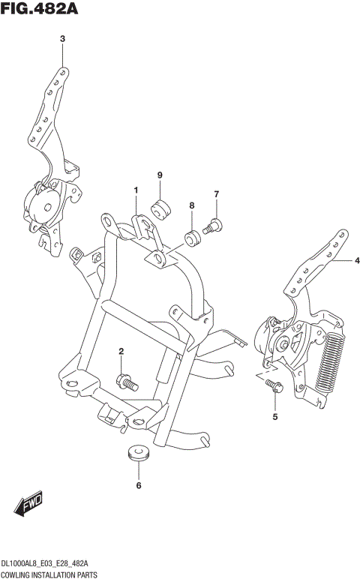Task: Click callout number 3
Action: (x=62, y=39)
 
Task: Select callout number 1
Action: (x=136, y=190)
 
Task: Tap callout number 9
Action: (x=160, y=175)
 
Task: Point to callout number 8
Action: (x=192, y=205)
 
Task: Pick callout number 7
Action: (x=216, y=195)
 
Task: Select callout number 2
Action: (x=121, y=351)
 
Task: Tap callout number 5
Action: (x=274, y=415)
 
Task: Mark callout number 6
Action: (x=138, y=486)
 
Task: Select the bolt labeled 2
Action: (x=127, y=382)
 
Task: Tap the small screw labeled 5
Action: (x=273, y=386)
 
